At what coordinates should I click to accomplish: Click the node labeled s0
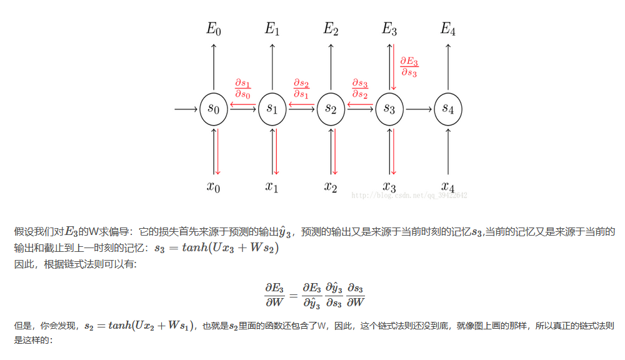coord(214,109)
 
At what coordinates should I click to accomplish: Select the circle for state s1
coord(272,109)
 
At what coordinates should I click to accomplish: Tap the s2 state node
coord(331,109)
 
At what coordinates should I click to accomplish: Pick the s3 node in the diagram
coord(389,109)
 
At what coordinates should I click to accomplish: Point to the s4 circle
coord(448,109)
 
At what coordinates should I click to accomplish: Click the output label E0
coord(214,29)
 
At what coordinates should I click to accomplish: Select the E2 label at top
coord(331,29)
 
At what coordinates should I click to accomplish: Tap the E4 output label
coord(448,29)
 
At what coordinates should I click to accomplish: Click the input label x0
coord(214,187)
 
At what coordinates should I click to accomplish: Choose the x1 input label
coord(272,187)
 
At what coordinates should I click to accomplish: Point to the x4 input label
coord(448,187)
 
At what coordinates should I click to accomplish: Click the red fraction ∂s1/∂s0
coord(242,89)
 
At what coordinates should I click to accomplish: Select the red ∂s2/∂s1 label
coord(301,89)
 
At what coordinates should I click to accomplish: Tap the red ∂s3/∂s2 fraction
coord(360,89)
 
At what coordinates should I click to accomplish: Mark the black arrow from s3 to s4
coord(419,109)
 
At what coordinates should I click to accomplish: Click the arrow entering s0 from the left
coord(186,109)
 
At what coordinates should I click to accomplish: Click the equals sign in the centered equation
coord(293,292)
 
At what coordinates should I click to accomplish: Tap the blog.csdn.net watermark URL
coord(409,196)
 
